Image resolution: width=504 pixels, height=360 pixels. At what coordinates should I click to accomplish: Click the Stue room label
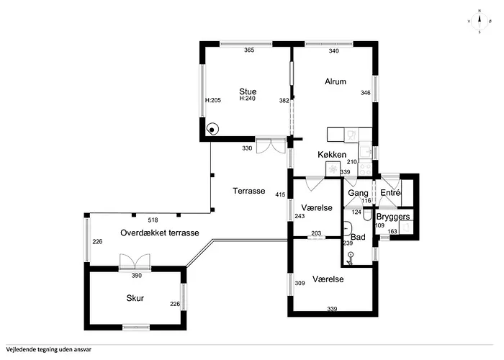(x=248, y=91)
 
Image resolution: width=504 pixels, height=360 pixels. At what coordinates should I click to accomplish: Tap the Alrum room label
(x=336, y=81)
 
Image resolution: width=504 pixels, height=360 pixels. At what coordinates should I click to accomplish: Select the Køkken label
(x=332, y=155)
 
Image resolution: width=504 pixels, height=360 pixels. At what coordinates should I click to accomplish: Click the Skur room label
(x=135, y=298)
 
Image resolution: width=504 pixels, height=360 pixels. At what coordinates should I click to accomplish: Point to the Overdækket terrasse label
(x=160, y=233)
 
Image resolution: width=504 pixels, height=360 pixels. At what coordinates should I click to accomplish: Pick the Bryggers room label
(x=393, y=217)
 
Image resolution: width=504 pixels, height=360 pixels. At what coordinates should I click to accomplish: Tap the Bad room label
(x=358, y=237)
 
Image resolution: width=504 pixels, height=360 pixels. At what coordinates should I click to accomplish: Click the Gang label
(x=358, y=193)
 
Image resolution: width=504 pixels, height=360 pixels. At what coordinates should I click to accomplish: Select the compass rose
(x=480, y=21)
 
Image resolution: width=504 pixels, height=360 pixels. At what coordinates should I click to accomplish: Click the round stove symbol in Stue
(x=212, y=129)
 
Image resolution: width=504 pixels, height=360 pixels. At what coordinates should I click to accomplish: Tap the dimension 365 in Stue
(x=249, y=50)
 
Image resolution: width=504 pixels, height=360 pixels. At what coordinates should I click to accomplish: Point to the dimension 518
(x=153, y=220)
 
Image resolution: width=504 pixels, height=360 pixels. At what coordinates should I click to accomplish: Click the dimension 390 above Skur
(x=137, y=276)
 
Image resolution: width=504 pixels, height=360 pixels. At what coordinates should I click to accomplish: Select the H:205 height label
(x=213, y=100)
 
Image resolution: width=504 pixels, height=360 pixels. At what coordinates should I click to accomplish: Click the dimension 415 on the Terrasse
(x=280, y=194)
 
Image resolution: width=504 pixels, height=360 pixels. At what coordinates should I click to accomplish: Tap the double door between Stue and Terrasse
(x=271, y=145)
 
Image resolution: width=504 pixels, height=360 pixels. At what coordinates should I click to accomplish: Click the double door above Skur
(x=135, y=261)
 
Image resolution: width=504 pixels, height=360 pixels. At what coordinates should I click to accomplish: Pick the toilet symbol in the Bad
(x=367, y=215)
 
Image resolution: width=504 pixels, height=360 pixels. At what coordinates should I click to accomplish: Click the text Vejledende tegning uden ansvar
(x=48, y=349)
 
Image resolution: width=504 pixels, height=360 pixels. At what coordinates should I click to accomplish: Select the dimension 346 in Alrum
(x=366, y=93)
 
